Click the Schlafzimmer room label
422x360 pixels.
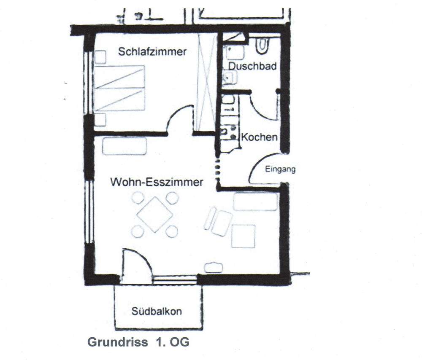[x=152, y=51]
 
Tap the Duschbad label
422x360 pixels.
[x=252, y=66]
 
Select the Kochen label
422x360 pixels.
[x=259, y=137]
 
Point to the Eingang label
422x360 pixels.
[x=280, y=169]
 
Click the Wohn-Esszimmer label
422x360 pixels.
[x=157, y=182]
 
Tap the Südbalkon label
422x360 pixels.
[x=157, y=312]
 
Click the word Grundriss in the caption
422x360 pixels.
[x=118, y=342]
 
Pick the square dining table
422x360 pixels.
[x=155, y=214]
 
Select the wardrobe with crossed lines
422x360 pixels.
[x=206, y=83]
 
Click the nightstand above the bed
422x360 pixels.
[x=100, y=57]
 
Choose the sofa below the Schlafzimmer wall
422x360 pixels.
[x=124, y=146]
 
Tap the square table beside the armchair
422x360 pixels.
[x=243, y=236]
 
